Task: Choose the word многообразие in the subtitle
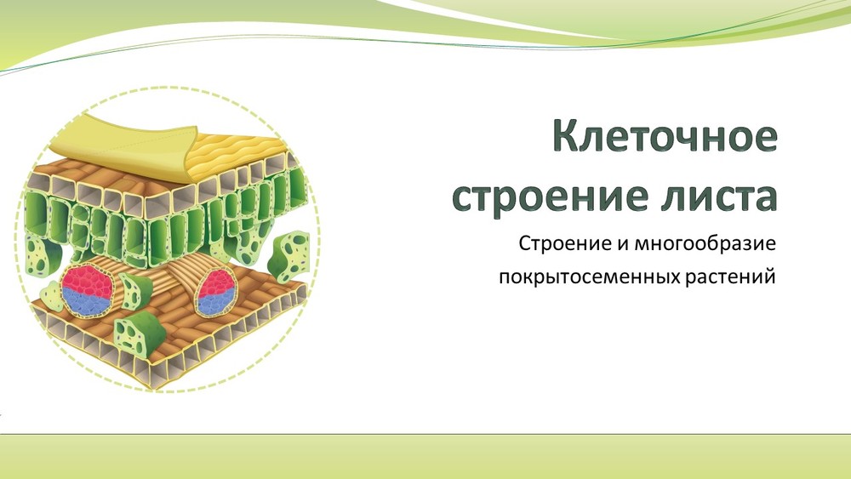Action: [x=705, y=244]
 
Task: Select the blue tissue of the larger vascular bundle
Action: [x=87, y=302]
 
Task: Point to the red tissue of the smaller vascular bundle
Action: [x=217, y=282]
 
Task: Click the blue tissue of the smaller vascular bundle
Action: [x=216, y=304]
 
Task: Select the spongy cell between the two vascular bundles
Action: [x=135, y=291]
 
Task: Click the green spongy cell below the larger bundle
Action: [x=140, y=334]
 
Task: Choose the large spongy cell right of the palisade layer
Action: [x=288, y=255]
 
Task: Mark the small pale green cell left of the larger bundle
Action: [x=53, y=296]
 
